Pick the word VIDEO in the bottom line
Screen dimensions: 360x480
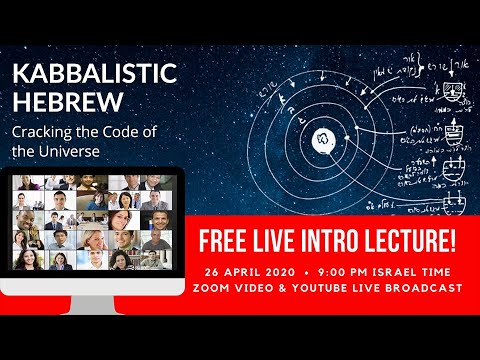pyautogui.click(x=267, y=289)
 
